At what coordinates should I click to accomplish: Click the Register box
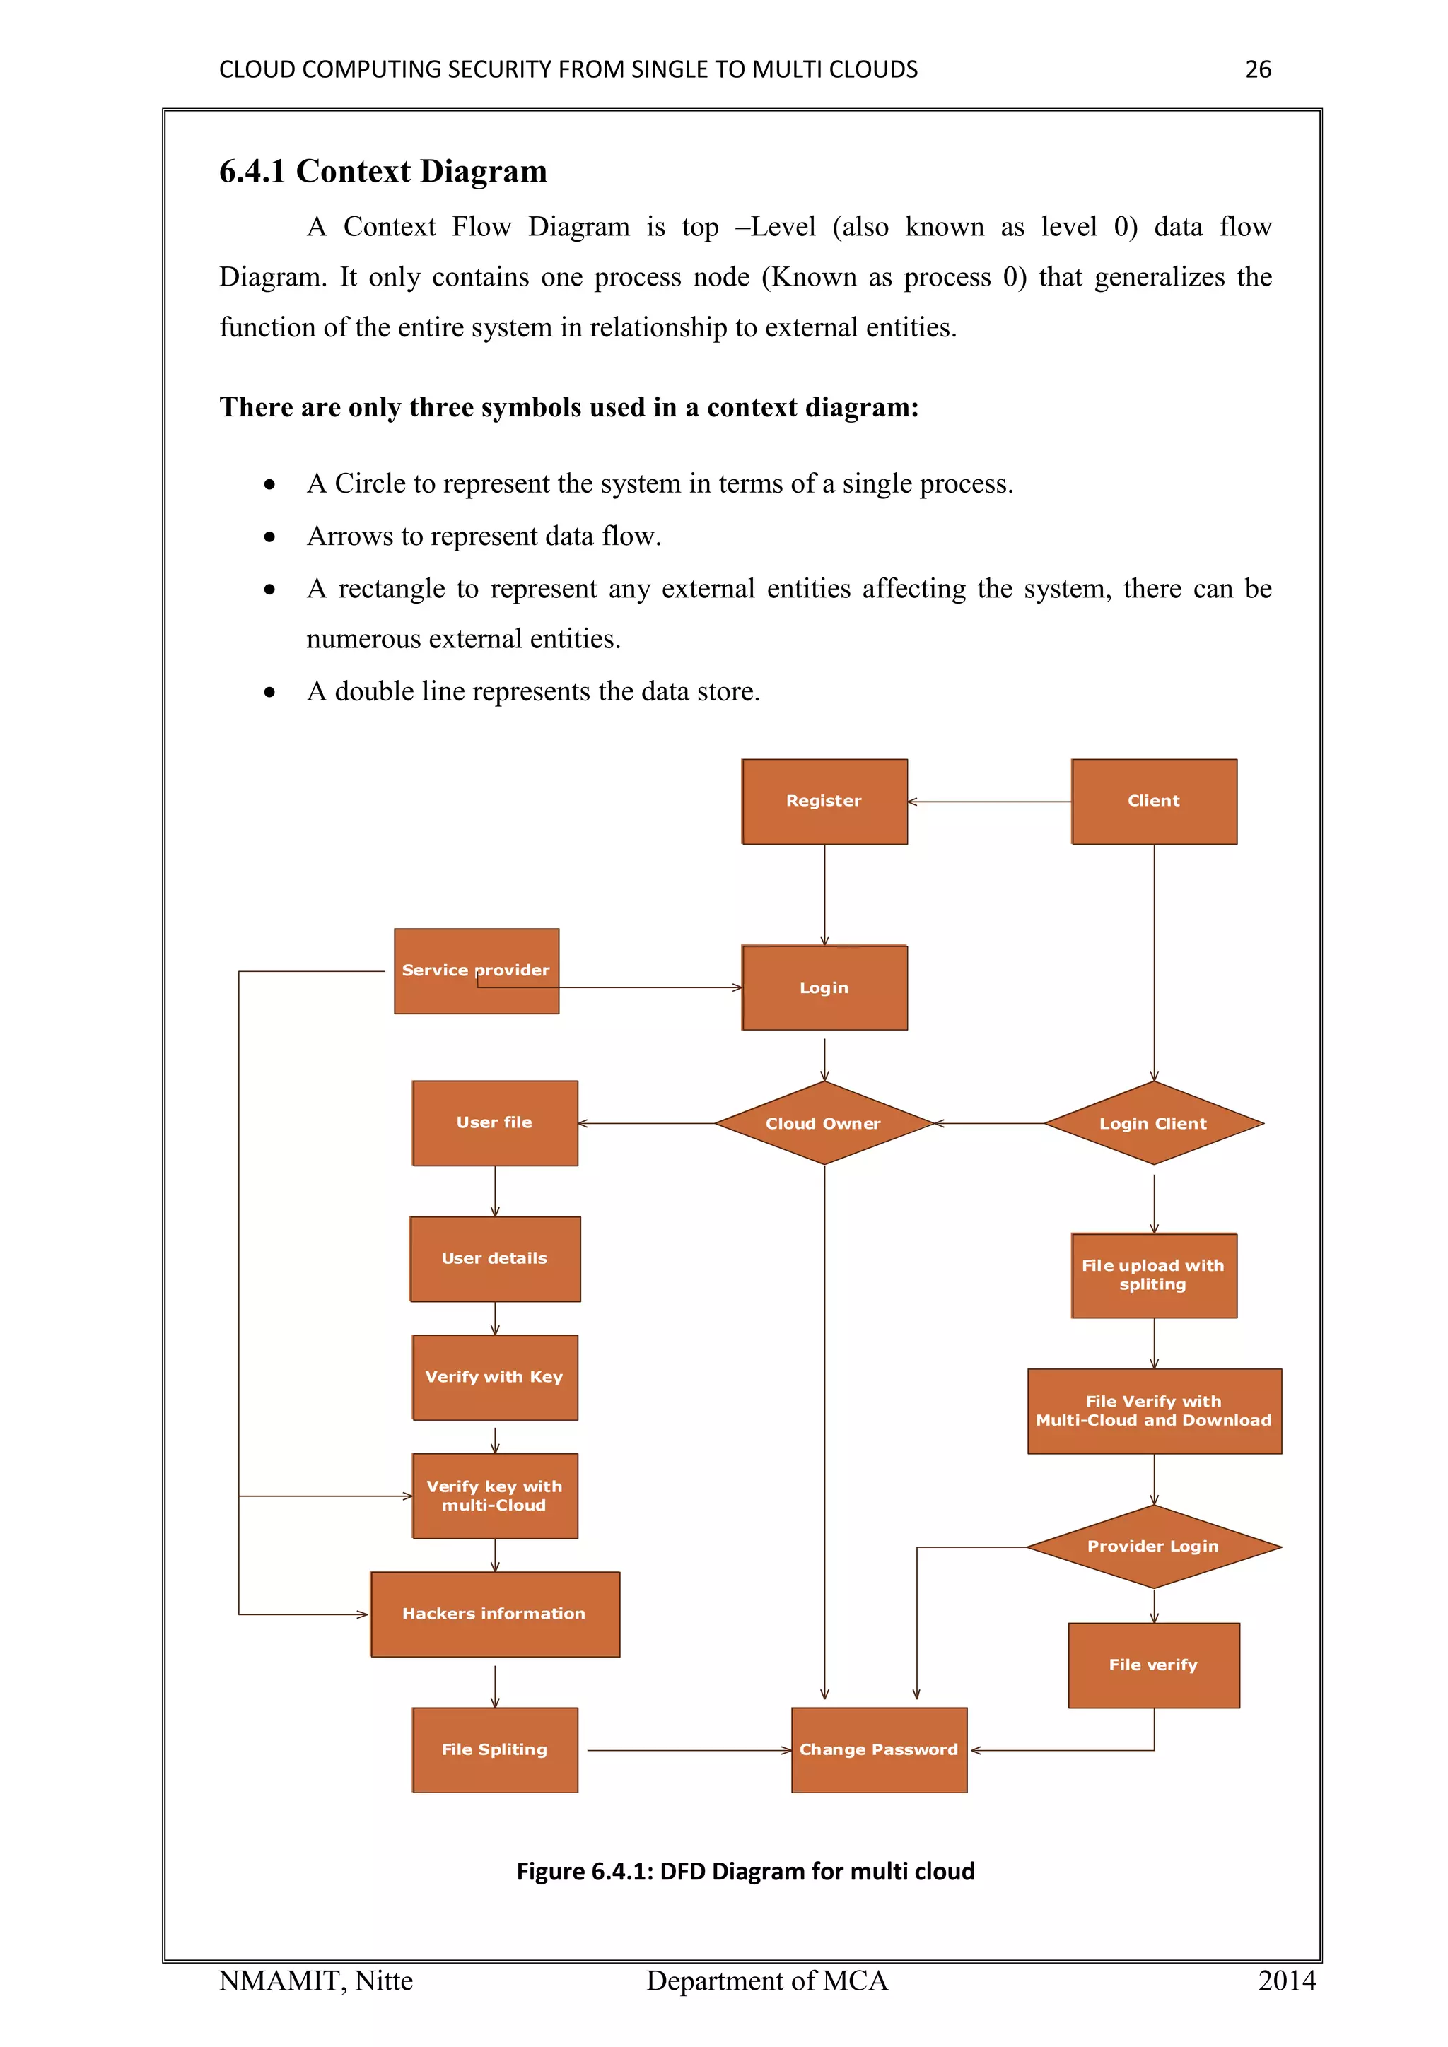coord(824,802)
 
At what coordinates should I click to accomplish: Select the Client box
coord(1154,802)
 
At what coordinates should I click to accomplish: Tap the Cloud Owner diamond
coord(823,1123)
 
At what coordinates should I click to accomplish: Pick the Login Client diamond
coord(1153,1123)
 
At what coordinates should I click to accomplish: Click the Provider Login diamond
coord(1153,1546)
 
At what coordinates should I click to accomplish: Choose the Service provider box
coord(476,971)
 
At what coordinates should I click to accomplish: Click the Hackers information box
coord(494,1614)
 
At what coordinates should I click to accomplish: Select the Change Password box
coord(878,1749)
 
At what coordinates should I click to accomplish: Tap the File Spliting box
coord(494,1749)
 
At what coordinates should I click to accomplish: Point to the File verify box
coord(1153,1665)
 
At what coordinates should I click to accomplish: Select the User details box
coord(494,1258)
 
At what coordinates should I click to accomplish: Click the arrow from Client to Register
coord(990,802)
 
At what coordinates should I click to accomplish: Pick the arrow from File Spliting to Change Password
coord(687,1750)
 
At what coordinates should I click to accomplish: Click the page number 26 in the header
coord(1257,69)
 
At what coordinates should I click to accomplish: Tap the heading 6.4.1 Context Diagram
coord(383,171)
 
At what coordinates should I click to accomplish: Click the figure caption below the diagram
coord(745,1872)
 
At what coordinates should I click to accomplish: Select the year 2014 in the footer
coord(1285,1981)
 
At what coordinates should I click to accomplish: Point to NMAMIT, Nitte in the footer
coord(315,1981)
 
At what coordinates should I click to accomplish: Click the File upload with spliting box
coord(1153,1275)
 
